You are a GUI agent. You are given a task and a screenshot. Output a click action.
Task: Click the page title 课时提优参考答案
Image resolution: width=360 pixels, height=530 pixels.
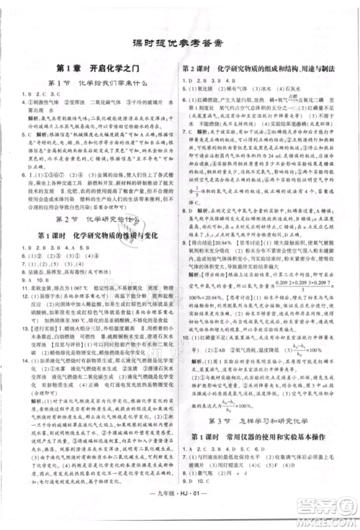coord(180,42)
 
